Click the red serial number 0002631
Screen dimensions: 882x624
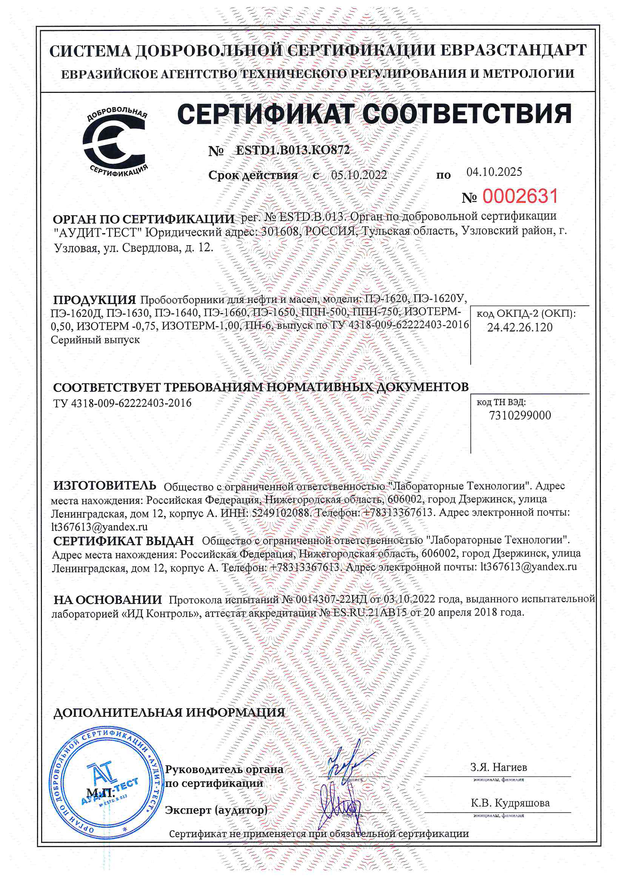[x=520, y=196]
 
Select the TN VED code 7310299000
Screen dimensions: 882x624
[x=520, y=415]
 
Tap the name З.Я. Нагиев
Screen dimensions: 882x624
[x=499, y=767]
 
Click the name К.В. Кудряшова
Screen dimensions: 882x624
[x=510, y=803]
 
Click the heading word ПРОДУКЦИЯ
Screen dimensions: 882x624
[x=95, y=300]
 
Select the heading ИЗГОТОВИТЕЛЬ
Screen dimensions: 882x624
[x=105, y=486]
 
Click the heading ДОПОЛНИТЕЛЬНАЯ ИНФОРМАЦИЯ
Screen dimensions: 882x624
[x=169, y=713]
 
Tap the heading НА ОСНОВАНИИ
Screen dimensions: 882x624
[x=108, y=600]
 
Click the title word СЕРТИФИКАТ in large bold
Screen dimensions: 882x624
[x=265, y=114]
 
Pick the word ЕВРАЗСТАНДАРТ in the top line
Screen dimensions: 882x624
[x=513, y=50]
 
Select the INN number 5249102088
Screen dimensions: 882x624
[x=280, y=513]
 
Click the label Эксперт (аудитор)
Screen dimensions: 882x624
[x=216, y=810]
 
